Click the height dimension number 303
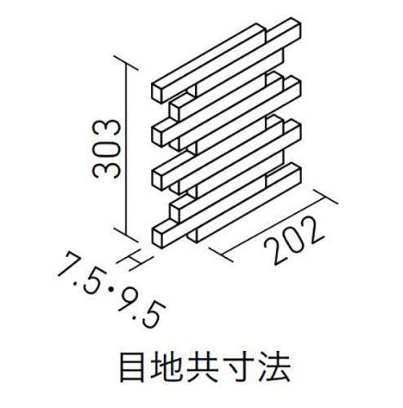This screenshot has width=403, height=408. tap(106, 149)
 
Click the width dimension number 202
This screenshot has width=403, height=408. tap(294, 240)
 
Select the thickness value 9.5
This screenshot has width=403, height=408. tap(142, 308)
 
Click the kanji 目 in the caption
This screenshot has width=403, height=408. tap(132, 368)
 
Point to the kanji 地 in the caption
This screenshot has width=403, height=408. tap(166, 368)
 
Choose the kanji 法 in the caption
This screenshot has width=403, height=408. tap(275, 368)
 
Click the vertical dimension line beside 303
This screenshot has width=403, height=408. tap(126, 149)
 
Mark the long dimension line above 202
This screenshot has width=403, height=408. tap(273, 225)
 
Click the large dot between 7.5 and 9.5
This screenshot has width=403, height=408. tap(111, 290)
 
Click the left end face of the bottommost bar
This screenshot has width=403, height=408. tap(157, 237)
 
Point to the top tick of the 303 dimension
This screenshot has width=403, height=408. tap(126, 63)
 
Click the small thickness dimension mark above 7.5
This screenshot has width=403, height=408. tap(135, 260)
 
